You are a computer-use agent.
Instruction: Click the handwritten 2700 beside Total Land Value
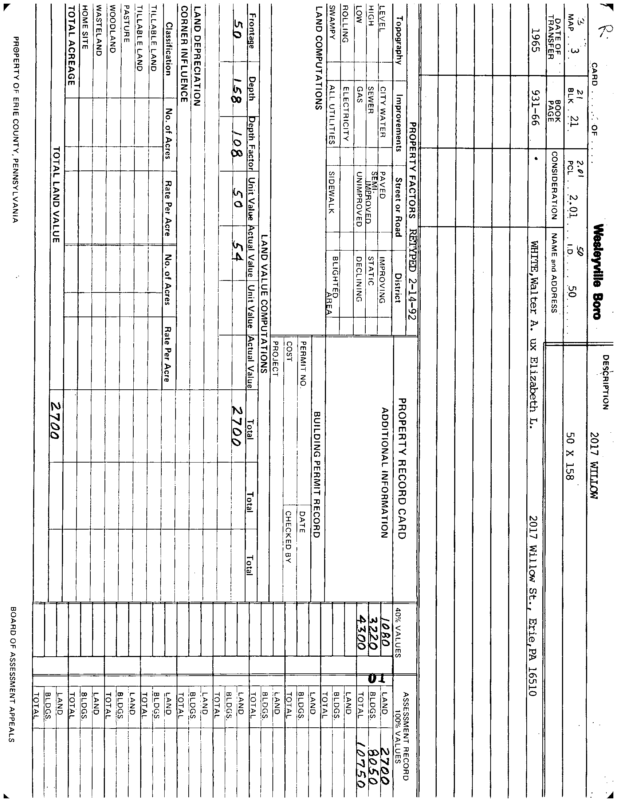tap(55, 420)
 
